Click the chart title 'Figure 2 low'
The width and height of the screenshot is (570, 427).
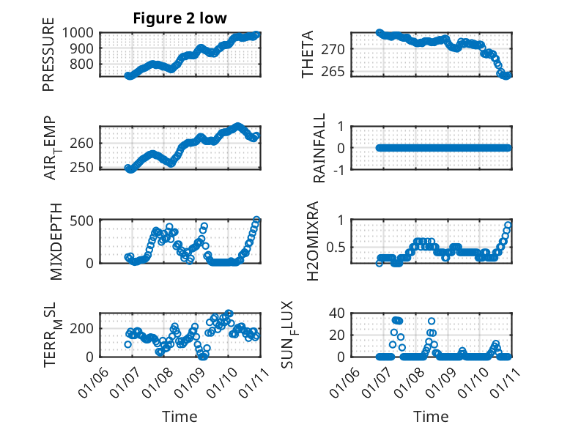pos(179,18)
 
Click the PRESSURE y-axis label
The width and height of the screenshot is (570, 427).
pos(48,59)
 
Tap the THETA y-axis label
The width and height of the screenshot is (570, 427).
pos(308,55)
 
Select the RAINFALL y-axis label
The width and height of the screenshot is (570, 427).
pos(319,149)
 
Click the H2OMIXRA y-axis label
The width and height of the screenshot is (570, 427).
pos(313,241)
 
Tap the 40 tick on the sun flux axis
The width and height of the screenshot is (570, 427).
pos(338,313)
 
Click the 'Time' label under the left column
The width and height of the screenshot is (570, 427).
pos(179,416)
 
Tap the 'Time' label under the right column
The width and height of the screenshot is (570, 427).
pos(431,416)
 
